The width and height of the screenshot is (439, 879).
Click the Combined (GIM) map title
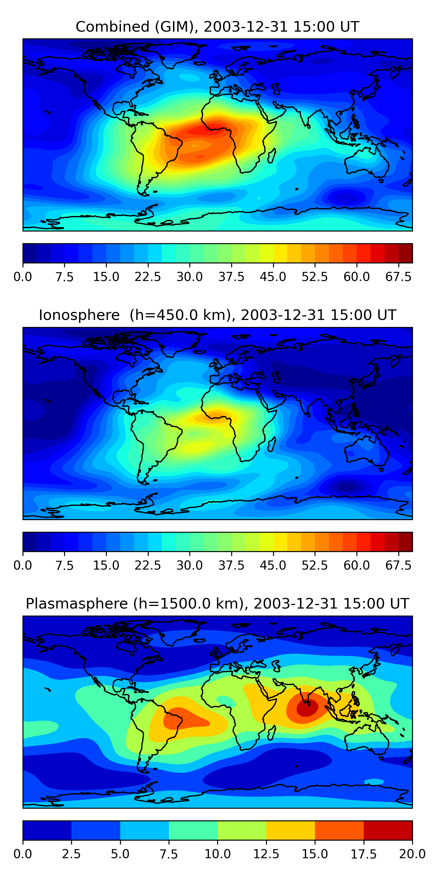point(217,27)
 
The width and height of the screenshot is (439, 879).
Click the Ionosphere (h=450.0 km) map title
point(217,315)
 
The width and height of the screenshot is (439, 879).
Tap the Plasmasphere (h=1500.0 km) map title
point(217,604)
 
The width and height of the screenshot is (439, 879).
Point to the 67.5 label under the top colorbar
point(398,277)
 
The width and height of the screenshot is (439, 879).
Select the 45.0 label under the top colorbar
point(273,277)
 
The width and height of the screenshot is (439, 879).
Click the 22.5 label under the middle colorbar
point(148,565)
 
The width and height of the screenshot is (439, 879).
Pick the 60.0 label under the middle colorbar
point(356,565)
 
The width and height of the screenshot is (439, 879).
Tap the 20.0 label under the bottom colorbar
point(412,854)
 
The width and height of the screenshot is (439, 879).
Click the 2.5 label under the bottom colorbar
point(71,854)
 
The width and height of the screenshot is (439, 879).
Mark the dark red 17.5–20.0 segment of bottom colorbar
point(388,830)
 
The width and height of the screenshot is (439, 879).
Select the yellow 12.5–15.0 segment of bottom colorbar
point(290,830)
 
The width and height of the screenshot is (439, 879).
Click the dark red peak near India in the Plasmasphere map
point(307,708)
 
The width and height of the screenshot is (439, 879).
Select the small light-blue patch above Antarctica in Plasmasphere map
point(374,781)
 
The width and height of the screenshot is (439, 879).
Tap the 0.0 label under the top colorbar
point(23,277)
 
